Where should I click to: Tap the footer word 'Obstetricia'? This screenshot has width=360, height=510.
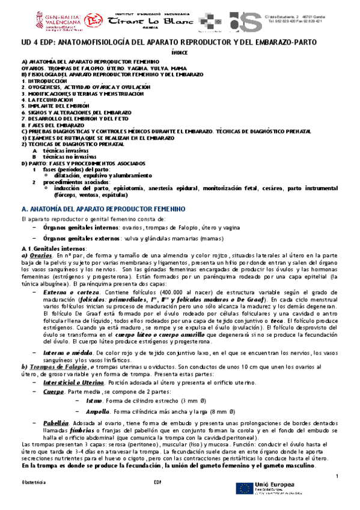coord(33,483)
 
